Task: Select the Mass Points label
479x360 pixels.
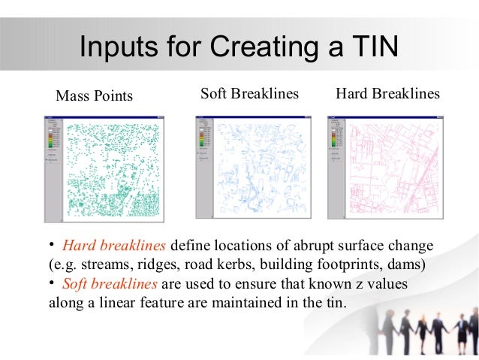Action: (94, 96)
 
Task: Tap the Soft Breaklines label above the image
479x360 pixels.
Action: (250, 94)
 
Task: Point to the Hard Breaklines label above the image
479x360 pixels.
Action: (387, 94)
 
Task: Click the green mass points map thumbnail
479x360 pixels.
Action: (113, 169)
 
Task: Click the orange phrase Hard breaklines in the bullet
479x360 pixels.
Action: (116, 246)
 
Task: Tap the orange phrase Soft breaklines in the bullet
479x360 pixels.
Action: (110, 284)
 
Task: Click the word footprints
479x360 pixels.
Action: (351, 265)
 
